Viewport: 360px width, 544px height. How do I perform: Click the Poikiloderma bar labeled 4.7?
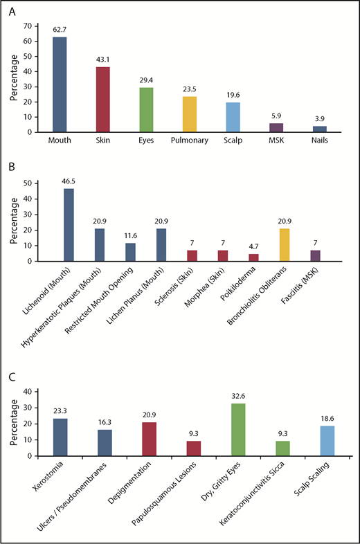(254, 257)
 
